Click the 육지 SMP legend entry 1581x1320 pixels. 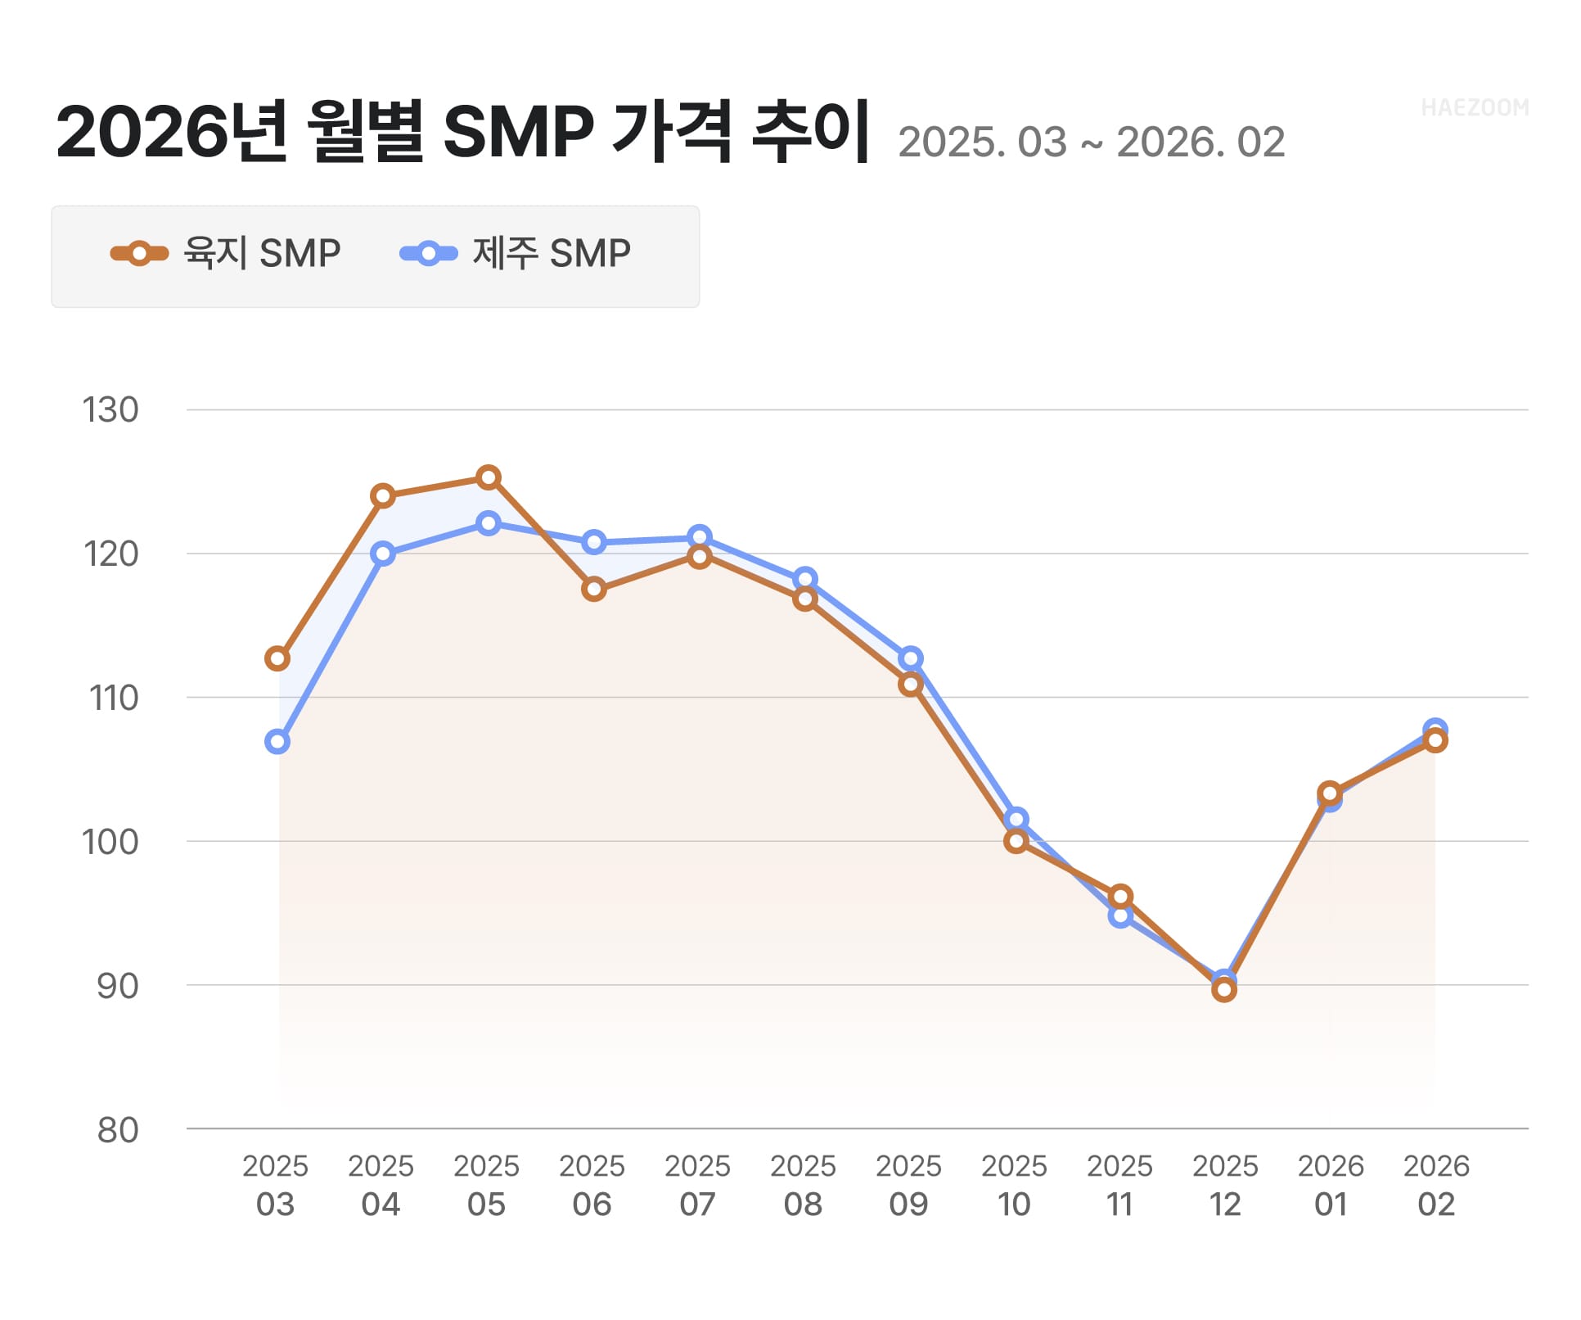[226, 254]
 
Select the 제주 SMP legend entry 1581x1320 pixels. [516, 254]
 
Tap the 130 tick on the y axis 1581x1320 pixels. [110, 410]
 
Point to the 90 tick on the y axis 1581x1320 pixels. [118, 987]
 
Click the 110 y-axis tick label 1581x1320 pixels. [114, 698]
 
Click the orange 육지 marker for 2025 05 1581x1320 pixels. [489, 478]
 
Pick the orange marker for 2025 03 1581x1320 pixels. [277, 659]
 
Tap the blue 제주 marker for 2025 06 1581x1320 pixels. [594, 543]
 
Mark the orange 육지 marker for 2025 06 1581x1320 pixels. [594, 590]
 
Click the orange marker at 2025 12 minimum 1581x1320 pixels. [1224, 991]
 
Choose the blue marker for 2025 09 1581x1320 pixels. [911, 659]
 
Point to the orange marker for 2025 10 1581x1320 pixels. [1016, 842]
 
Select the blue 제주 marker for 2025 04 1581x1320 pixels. [383, 554]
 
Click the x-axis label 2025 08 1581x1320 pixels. [803, 1186]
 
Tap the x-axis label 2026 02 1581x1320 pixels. [1436, 1186]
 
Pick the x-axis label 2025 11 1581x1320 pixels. [1119, 1186]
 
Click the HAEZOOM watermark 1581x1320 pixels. [1475, 108]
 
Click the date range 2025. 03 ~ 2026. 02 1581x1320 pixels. [1092, 143]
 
